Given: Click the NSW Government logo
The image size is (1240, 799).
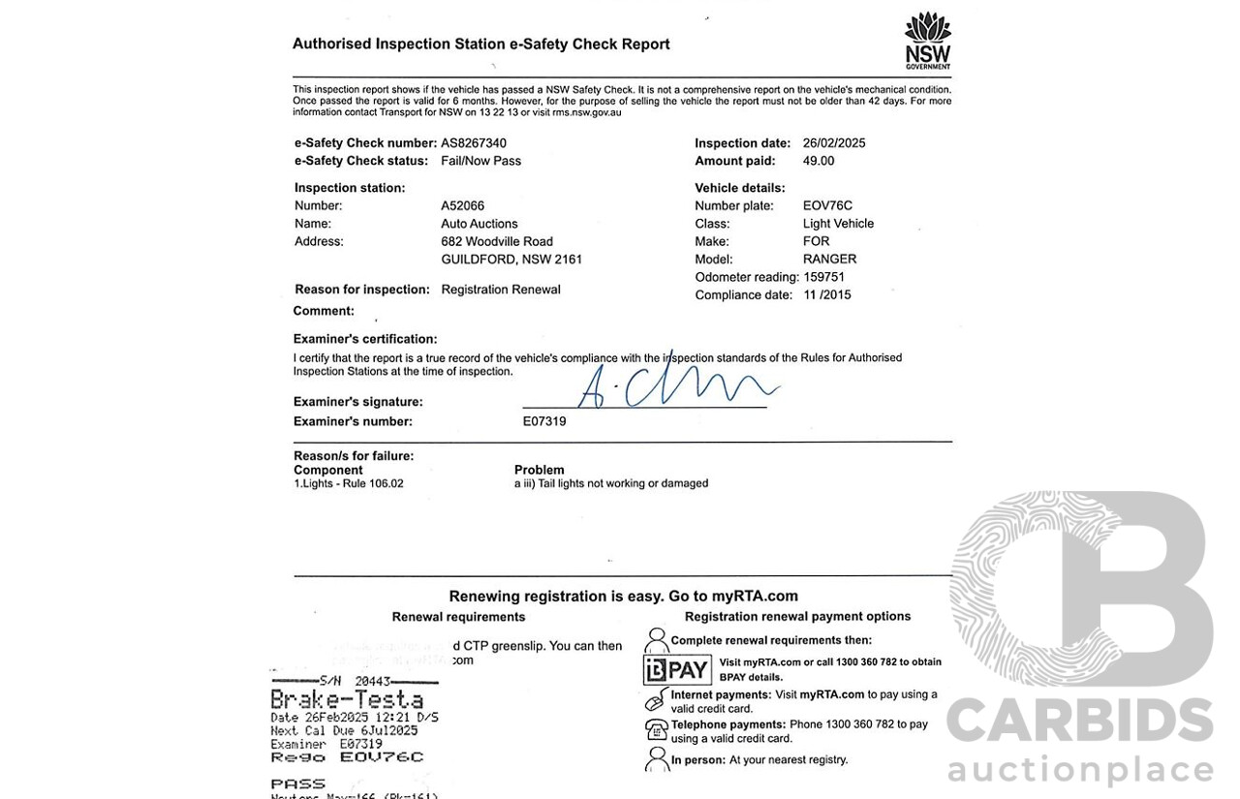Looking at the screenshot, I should (x=927, y=40).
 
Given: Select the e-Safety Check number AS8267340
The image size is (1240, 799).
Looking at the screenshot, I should (x=474, y=143).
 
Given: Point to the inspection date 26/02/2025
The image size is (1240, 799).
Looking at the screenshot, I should (x=834, y=143).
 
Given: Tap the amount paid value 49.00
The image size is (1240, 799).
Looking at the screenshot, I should (x=819, y=161).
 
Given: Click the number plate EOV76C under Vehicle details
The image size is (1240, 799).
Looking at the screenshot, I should (x=827, y=205).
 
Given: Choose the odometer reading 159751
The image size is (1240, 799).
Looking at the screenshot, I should (x=824, y=277).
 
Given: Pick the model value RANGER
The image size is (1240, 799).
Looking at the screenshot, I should (x=829, y=259).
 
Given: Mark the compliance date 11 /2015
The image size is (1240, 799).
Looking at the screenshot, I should (x=827, y=294).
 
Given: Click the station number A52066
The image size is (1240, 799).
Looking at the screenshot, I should (x=462, y=205).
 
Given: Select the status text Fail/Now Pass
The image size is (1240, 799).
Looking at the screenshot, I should (x=480, y=161).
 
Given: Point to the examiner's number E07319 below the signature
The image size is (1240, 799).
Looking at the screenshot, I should (x=544, y=421).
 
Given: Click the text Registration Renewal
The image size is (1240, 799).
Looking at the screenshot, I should (x=500, y=290).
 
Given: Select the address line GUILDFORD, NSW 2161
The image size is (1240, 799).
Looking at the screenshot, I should (x=511, y=260).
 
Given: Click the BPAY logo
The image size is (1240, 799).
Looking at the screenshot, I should (x=677, y=670).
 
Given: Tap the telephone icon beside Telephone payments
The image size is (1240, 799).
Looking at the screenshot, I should (x=656, y=729).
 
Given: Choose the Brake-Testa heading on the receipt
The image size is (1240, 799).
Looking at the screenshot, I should (x=346, y=699).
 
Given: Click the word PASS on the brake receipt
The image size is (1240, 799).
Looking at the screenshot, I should (x=297, y=784).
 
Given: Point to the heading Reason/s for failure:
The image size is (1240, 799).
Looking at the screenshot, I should (x=354, y=455).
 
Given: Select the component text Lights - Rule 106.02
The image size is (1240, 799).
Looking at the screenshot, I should (x=351, y=483).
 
